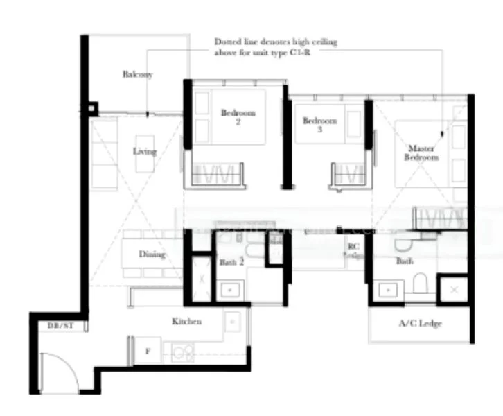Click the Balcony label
click(x=137, y=74)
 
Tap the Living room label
click(x=145, y=151)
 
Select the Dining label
click(x=152, y=254)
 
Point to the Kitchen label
click(x=186, y=322)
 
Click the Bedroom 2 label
click(x=238, y=117)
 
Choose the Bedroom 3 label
click(x=319, y=125)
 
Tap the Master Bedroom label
click(x=423, y=153)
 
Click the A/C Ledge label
click(x=420, y=323)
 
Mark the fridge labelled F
click(x=147, y=352)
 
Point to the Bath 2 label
click(x=231, y=262)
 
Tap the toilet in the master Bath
click(x=421, y=284)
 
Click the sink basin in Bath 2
click(x=229, y=290)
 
